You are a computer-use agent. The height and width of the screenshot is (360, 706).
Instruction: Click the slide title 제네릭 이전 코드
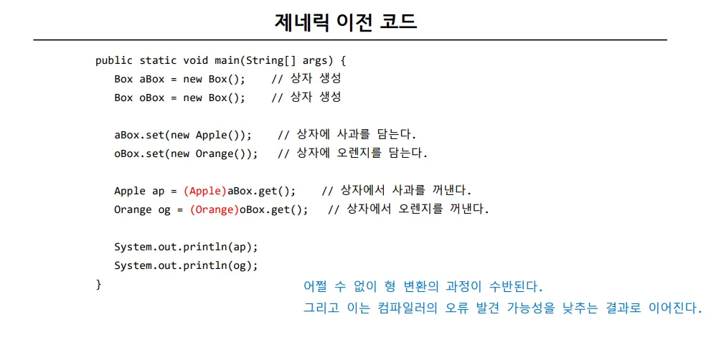[x=345, y=22]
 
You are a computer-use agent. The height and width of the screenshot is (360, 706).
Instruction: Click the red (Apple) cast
[x=205, y=191]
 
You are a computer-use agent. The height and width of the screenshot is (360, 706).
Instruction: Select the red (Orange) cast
[x=215, y=209]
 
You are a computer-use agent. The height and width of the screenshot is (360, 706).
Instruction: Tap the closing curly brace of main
[x=98, y=285]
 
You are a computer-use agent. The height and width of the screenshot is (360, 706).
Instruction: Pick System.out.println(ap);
[x=186, y=247]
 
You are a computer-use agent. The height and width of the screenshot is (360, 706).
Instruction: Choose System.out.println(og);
[x=186, y=265]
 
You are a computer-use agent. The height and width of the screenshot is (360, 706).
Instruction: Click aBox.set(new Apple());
[x=183, y=135]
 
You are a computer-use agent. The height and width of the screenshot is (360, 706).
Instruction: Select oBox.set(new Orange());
[x=186, y=153]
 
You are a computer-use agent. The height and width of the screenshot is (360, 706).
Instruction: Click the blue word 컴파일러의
[x=408, y=308]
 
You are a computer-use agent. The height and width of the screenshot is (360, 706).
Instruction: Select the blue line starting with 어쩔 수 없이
[x=423, y=286]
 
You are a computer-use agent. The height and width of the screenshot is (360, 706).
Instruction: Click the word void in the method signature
[x=195, y=61]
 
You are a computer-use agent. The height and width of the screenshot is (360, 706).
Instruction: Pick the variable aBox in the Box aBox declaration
[x=151, y=79]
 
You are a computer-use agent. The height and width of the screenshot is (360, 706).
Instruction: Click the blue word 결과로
[x=623, y=308]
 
